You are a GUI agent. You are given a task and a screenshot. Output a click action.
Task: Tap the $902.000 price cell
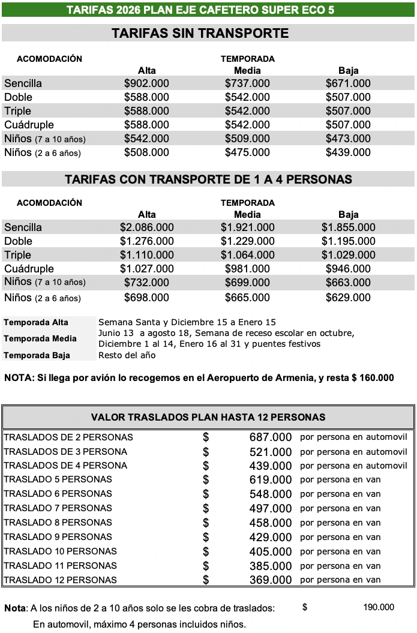(146, 83)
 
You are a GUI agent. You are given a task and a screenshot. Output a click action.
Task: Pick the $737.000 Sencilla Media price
(247, 83)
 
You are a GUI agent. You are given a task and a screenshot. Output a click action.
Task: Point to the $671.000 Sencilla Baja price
(348, 83)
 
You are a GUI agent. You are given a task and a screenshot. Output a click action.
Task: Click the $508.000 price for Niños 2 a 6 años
(146, 152)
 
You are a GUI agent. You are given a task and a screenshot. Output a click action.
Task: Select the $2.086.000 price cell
(146, 227)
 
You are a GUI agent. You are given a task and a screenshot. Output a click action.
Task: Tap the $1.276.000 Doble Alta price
(146, 241)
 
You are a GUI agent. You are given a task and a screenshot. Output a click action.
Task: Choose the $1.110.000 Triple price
(146, 255)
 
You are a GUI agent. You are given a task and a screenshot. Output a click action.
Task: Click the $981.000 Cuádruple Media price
(247, 269)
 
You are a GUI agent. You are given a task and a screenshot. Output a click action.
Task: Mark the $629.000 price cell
(348, 298)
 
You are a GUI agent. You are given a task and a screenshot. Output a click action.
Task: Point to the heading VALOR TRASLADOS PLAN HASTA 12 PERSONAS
(208, 417)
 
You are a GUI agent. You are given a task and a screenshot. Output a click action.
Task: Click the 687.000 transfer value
(270, 437)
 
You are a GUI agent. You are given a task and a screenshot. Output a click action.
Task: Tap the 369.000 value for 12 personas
(270, 580)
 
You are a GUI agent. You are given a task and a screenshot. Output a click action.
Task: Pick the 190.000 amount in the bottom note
(379, 608)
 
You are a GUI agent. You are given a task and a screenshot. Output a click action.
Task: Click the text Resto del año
(127, 355)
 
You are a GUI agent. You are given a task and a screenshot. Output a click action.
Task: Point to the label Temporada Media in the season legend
(40, 338)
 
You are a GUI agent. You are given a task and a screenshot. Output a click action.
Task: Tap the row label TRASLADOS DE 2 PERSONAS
(68, 437)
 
